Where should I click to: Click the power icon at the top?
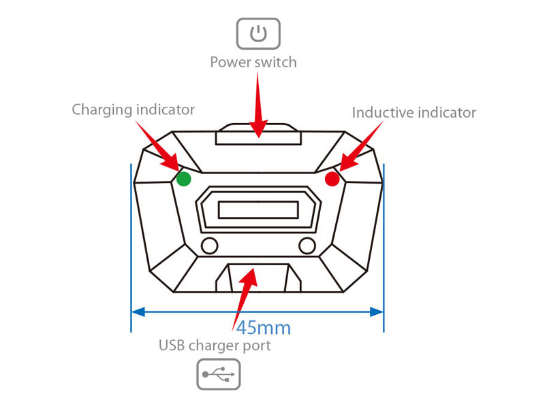pos(258,33)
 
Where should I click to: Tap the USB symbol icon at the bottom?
pos(219,373)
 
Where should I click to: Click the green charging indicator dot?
pos(183,179)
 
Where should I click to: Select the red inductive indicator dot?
pos(332,179)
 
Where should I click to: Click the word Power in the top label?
pos(230,63)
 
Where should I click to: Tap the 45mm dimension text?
pos(264,328)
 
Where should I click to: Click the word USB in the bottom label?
pos(171,345)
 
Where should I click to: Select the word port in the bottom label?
pos(257,346)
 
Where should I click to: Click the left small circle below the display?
pos(209,245)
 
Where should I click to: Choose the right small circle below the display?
pos(308,245)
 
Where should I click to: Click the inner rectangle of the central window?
pos(258,210)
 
